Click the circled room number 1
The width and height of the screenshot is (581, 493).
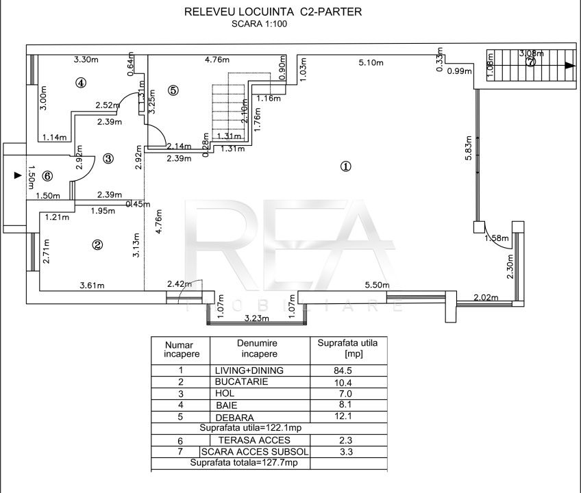coord(346,166)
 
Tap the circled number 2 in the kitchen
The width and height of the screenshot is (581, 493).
coord(98,244)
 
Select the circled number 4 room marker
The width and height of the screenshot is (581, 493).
coord(81,83)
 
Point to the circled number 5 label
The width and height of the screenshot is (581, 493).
coord(173,90)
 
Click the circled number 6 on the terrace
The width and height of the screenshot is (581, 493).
coord(47,175)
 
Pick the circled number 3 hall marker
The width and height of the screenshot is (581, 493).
coord(108,158)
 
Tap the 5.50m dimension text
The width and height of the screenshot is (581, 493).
coord(377,286)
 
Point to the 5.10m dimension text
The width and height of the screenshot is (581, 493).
coord(371,64)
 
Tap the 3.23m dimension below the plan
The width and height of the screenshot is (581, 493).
coord(255,318)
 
